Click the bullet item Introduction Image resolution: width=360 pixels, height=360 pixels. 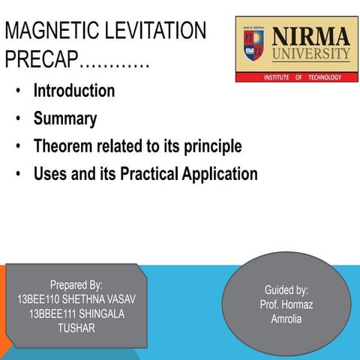tap(73, 91)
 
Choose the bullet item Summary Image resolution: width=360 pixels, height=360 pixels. tap(64, 118)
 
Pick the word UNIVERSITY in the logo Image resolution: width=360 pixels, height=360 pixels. tap(310, 54)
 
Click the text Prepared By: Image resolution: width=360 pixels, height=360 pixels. tap(76, 285)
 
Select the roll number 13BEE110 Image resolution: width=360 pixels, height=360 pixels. tap(40, 299)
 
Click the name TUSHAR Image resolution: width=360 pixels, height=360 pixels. tap(76, 328)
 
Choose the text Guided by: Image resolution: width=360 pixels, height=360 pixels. tap(286, 290)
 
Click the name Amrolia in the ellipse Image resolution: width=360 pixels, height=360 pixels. tap(286, 319)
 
